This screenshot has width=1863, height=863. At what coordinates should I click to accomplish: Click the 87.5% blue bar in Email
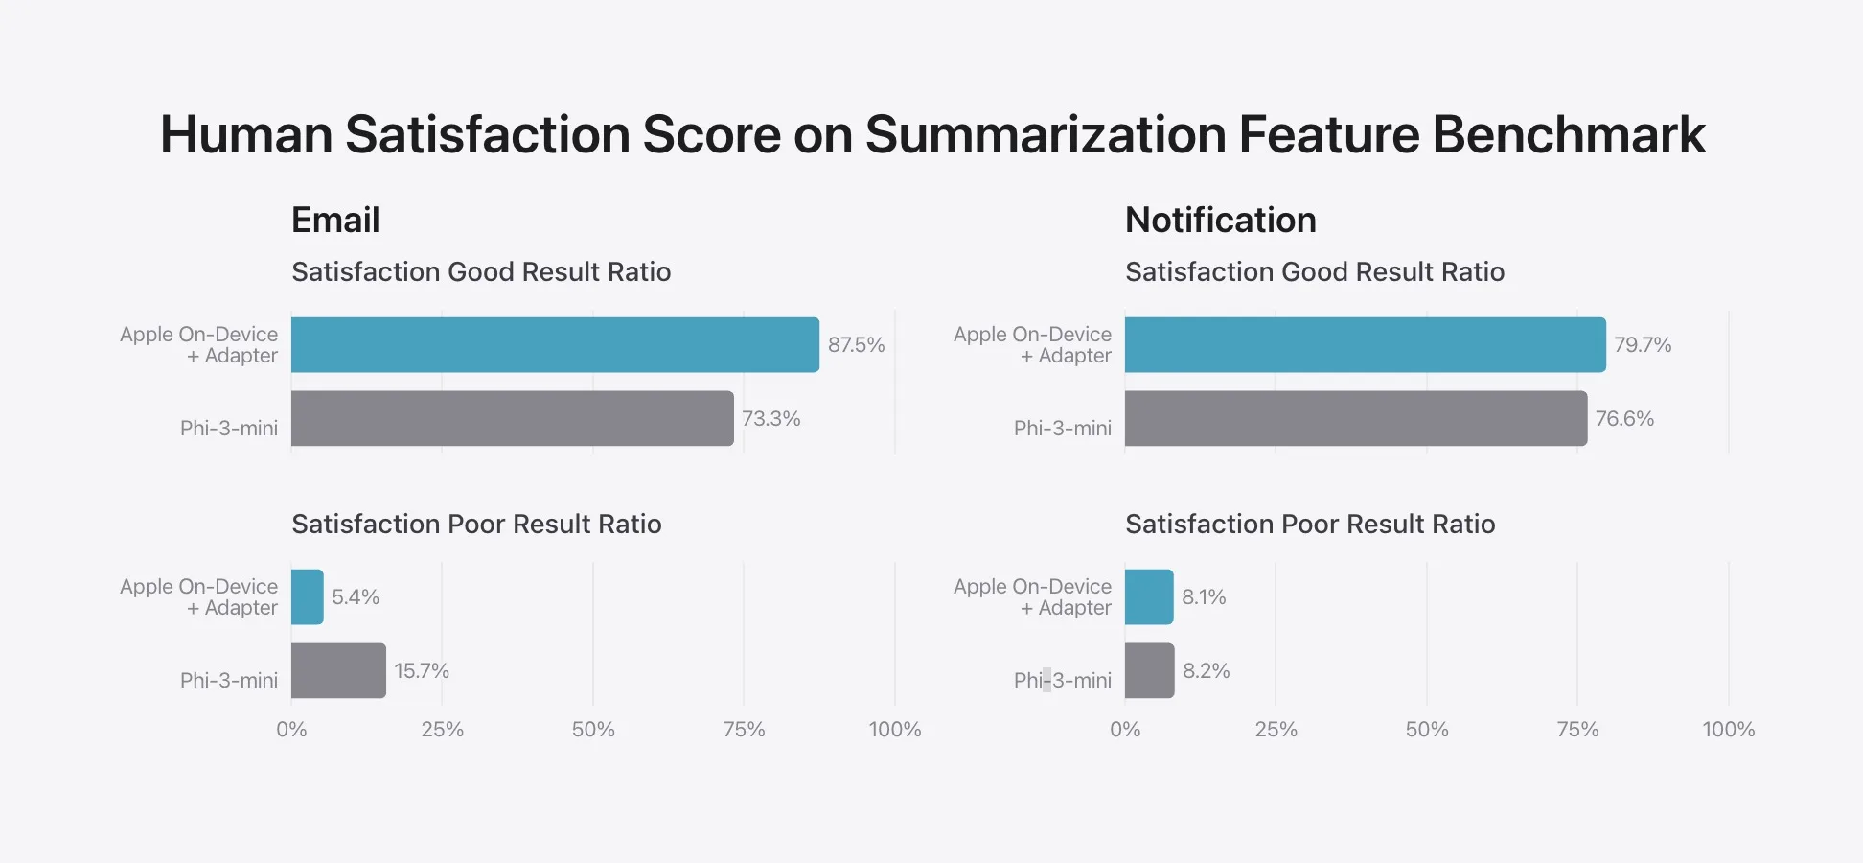click(x=555, y=345)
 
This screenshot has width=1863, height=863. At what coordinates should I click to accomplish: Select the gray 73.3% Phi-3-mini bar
click(x=512, y=418)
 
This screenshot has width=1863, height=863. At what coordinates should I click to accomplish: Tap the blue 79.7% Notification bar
click(x=1365, y=345)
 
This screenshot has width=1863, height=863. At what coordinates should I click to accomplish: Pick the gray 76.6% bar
click(x=1355, y=418)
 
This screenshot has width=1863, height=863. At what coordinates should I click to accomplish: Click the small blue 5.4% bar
click(x=307, y=596)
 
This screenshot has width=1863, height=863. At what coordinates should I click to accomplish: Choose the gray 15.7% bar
click(x=338, y=670)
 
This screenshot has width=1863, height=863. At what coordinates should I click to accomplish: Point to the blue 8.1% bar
click(x=1149, y=596)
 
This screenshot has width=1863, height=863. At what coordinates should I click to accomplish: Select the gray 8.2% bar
click(x=1149, y=670)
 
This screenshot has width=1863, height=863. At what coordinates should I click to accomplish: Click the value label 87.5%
click(x=856, y=345)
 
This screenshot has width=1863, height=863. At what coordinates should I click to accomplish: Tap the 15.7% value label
click(x=422, y=670)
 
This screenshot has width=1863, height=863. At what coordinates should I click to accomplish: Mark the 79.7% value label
click(x=1643, y=345)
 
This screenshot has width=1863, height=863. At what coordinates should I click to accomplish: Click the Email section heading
click(x=335, y=221)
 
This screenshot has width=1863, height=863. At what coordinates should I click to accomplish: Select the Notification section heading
click(x=1220, y=221)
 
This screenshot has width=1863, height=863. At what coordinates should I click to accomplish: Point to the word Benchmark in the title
click(x=1569, y=134)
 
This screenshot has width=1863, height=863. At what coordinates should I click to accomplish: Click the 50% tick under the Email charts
click(x=593, y=730)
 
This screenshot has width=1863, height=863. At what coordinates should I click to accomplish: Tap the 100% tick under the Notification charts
click(x=1728, y=730)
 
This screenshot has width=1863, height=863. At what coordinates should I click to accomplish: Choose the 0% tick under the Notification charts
click(x=1125, y=730)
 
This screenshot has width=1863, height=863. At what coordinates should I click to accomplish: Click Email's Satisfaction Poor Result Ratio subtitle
click(x=476, y=525)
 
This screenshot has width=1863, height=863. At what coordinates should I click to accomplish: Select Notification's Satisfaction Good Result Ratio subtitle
click(x=1315, y=272)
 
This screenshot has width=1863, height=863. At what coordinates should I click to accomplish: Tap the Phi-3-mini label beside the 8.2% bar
click(x=1062, y=681)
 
